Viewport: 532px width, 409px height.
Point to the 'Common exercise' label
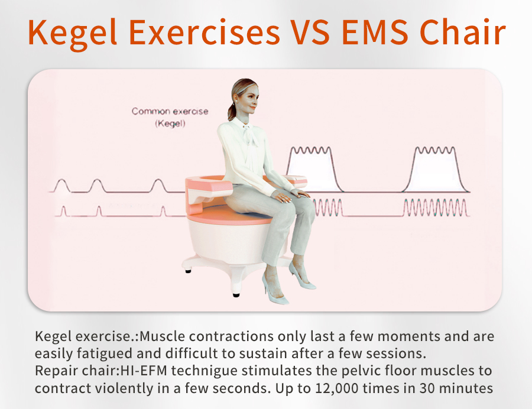click(x=170, y=111)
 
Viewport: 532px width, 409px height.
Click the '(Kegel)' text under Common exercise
click(x=170, y=124)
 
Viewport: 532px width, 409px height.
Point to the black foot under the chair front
click(x=236, y=294)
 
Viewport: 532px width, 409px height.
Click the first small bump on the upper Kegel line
click(x=61, y=186)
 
